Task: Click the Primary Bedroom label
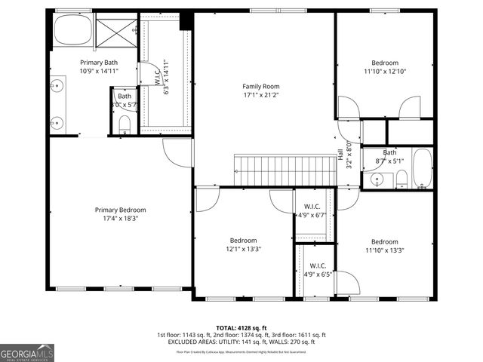coord(120,210)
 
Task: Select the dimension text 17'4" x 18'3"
coord(120,219)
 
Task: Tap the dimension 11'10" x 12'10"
coord(384,72)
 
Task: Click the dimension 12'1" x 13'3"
coord(243,250)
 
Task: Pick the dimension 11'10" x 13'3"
coord(384,251)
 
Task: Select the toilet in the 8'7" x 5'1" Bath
coord(402,179)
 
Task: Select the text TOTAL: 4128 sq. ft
coord(241,327)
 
